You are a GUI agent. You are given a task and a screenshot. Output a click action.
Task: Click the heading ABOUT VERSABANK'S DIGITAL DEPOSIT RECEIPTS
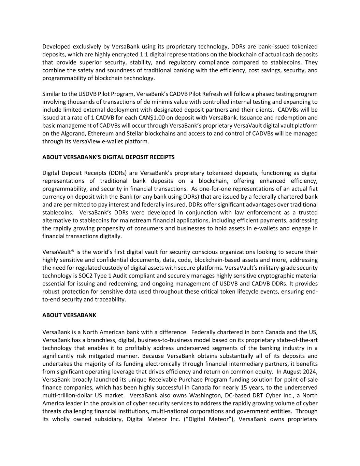click(108, 157)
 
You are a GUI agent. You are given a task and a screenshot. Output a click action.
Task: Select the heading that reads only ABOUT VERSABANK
click(69, 315)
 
